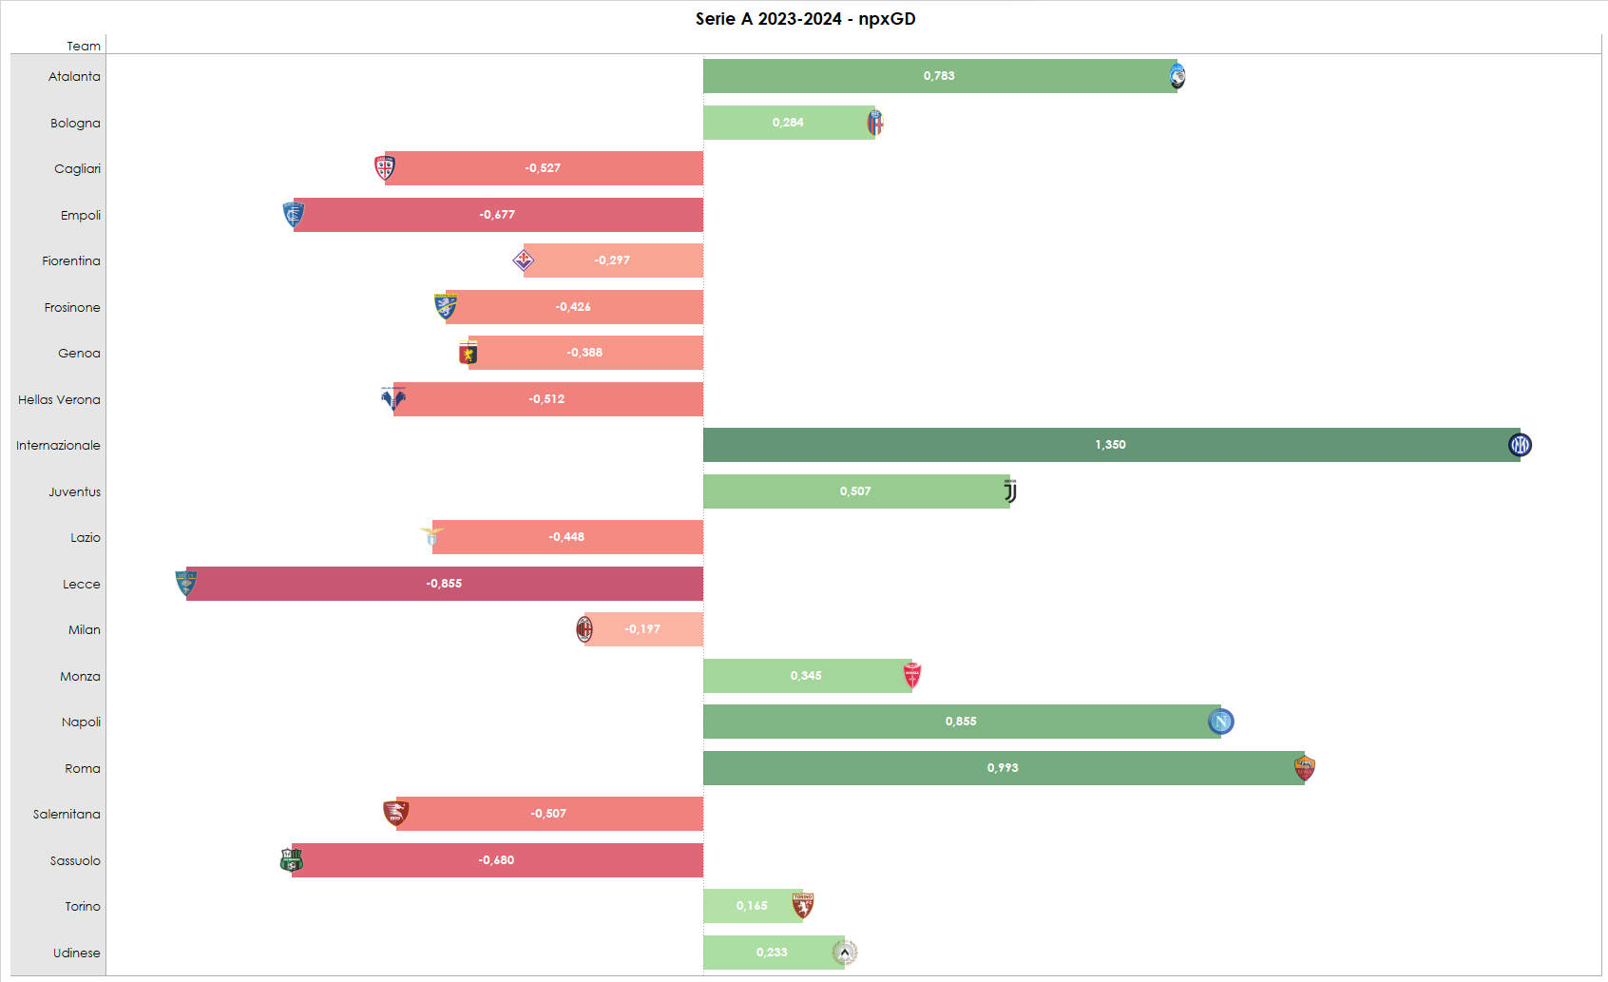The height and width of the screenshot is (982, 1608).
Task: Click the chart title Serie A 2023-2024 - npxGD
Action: pos(805,19)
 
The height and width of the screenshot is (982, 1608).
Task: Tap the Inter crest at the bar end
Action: pos(1520,445)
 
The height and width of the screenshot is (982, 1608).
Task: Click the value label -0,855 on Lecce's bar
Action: pos(444,584)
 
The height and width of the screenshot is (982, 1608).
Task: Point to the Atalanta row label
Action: pos(74,77)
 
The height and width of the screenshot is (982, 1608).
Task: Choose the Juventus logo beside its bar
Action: pos(1010,491)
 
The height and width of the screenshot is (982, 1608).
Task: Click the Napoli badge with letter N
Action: pos(1220,722)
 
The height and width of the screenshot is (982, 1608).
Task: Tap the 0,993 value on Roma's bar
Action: pos(1002,768)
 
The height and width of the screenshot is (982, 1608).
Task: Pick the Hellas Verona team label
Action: pos(59,400)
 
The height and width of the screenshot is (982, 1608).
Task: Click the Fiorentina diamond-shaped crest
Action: pos(524,260)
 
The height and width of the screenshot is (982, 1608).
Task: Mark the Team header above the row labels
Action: pos(84,46)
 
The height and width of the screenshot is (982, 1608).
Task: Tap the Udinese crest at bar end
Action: pos(844,953)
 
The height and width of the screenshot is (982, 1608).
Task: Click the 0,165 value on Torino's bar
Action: pos(751,906)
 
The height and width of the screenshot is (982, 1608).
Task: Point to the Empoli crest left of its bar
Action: pos(293,215)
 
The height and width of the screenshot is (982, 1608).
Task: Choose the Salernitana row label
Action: pos(67,815)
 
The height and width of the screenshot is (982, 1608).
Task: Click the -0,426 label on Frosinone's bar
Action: pos(573,307)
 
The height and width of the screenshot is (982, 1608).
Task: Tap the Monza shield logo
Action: pos(912,676)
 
